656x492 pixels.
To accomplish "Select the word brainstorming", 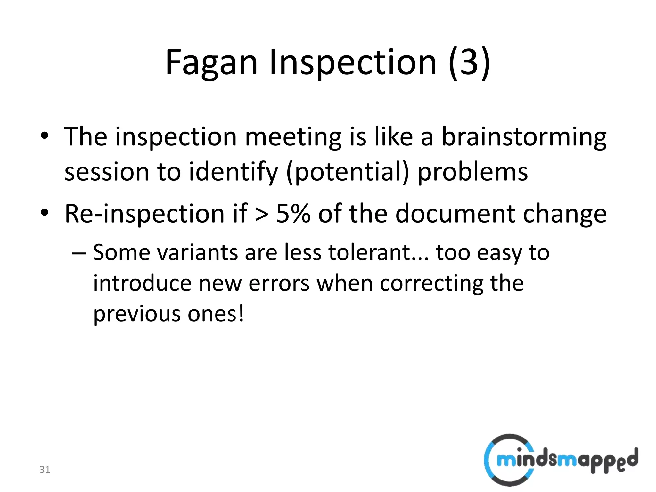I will click(x=524, y=137).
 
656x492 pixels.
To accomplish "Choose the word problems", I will click(x=473, y=172).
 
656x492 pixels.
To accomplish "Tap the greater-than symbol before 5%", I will click(x=262, y=214).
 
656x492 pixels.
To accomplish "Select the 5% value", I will click(x=293, y=214).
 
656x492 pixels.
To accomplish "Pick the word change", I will click(x=565, y=214).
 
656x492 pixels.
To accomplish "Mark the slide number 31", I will click(x=45, y=470).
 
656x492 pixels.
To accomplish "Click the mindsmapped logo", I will click(x=561, y=460).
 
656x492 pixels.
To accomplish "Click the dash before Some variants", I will click(x=79, y=253).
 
